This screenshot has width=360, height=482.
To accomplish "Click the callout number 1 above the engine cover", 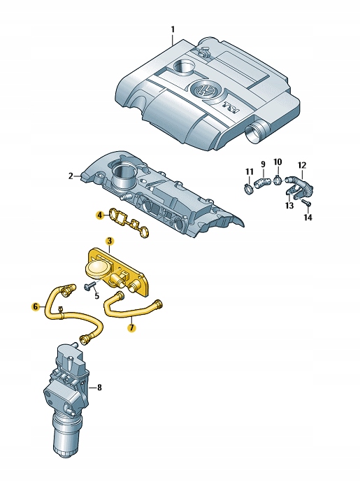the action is [x=173, y=29].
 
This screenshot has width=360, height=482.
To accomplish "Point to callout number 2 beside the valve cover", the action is [x=71, y=176].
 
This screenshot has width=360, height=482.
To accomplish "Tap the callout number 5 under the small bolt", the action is [x=97, y=297].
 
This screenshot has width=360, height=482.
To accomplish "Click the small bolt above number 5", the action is [x=89, y=287].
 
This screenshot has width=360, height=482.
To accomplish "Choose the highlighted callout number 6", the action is [x=36, y=306].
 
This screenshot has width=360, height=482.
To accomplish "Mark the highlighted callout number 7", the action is [x=131, y=328].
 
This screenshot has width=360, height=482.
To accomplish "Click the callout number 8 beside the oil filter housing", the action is [x=99, y=388].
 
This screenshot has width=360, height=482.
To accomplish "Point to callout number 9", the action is [x=263, y=164].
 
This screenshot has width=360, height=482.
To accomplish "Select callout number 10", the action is [x=278, y=162].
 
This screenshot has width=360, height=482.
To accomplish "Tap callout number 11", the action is [x=249, y=172].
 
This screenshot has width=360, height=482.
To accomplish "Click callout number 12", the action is [x=302, y=165].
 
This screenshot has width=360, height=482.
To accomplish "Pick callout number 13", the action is [x=289, y=206].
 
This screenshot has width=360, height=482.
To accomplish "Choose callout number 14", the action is [x=308, y=218].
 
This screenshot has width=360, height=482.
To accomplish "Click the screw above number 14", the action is [x=307, y=202].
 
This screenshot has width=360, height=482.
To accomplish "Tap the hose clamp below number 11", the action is [x=250, y=188].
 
